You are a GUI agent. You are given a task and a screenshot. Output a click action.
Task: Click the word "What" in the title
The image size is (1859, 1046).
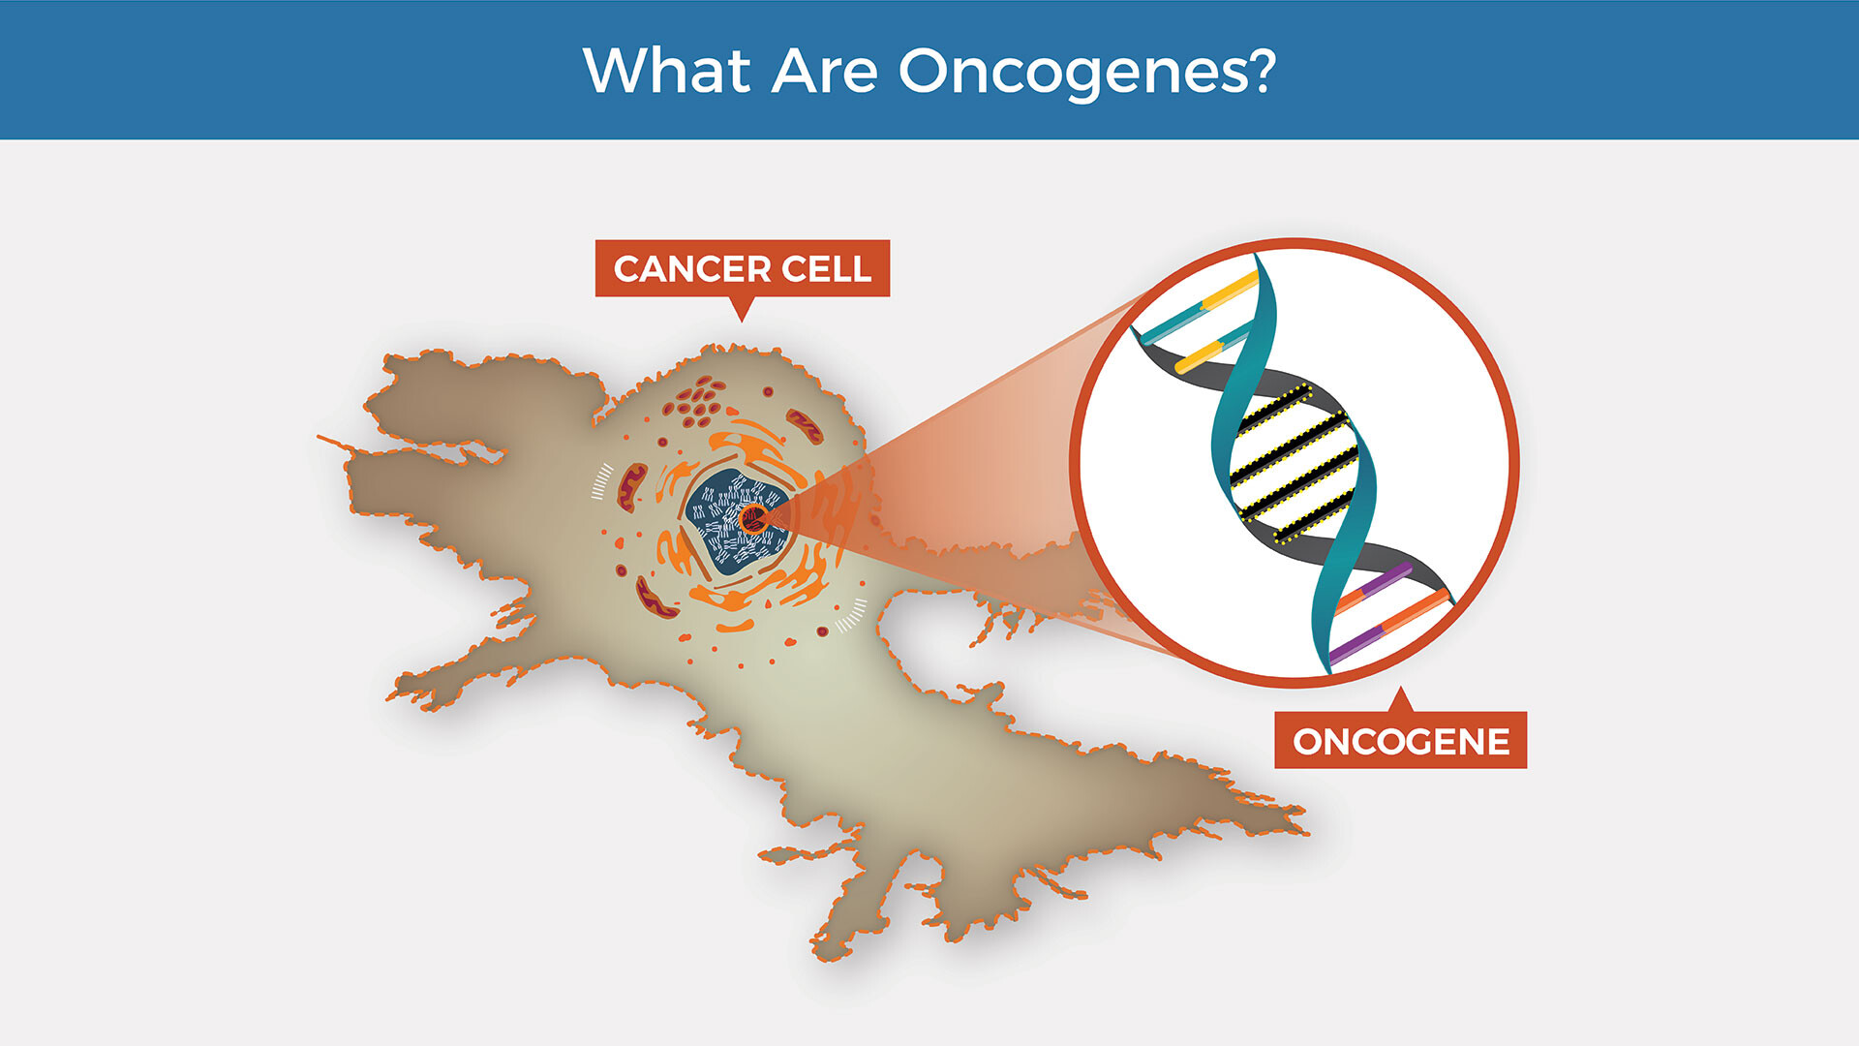[x=666, y=70]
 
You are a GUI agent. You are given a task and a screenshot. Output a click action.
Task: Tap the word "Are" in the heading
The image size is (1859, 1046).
[x=824, y=71]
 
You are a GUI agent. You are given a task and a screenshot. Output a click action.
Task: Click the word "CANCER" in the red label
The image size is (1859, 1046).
[x=691, y=269]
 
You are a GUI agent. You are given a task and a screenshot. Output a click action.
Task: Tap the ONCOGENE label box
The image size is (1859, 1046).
[x=1400, y=741]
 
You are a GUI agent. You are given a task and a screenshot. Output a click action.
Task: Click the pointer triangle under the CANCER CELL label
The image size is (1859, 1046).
[x=742, y=306]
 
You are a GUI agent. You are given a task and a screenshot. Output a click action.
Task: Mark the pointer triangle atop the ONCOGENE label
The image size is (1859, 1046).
[x=1400, y=701]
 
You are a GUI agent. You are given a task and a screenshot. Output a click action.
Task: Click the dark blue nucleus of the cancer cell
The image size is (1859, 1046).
[x=735, y=521]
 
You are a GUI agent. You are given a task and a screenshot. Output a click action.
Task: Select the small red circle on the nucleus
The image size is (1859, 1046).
[x=752, y=520]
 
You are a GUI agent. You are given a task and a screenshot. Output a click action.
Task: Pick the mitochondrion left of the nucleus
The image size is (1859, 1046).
[x=632, y=487]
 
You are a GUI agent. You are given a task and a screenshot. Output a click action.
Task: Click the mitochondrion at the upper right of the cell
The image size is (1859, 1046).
[x=804, y=425]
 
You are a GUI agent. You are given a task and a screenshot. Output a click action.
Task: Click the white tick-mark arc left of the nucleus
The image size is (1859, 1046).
[x=602, y=481]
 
